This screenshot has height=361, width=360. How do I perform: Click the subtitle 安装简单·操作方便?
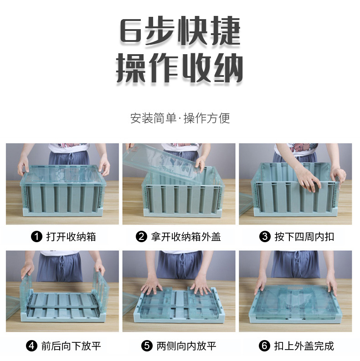[x=180, y=118]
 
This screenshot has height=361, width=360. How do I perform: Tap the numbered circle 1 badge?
[x=36, y=237]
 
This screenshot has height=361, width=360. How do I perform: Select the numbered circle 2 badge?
[x=142, y=237]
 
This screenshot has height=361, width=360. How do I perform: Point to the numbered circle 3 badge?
[x=265, y=237]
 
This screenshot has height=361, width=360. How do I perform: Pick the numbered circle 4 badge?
[x=32, y=346]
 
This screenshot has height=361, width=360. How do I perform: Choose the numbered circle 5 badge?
[x=147, y=346]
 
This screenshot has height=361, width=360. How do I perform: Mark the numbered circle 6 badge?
[x=264, y=346]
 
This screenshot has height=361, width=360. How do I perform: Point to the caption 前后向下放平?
[x=71, y=346]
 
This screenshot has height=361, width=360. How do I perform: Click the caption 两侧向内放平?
[x=185, y=346]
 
